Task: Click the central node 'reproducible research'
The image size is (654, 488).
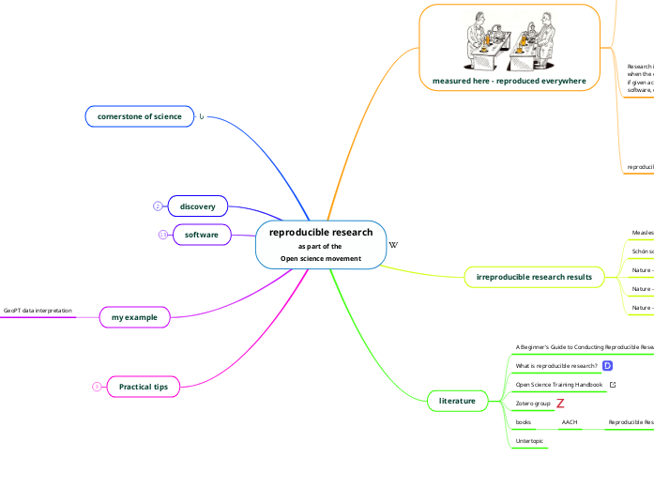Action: [320, 233]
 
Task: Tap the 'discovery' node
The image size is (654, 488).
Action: [197, 206]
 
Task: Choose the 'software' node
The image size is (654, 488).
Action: [201, 234]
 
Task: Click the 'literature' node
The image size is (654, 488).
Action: [456, 374]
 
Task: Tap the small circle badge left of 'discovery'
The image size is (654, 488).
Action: [158, 206]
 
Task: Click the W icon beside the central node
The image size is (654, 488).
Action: [393, 245]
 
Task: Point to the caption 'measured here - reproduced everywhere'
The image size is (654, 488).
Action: [509, 81]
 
